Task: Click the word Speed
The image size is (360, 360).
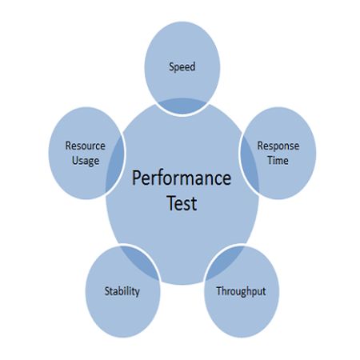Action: coord(182,66)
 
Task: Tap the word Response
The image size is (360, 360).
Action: coord(278,146)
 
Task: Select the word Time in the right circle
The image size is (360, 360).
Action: coord(278,161)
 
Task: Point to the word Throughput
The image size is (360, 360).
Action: coord(241,291)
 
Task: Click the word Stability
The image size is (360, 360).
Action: coord(122,291)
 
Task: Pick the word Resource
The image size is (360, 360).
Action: coord(86,146)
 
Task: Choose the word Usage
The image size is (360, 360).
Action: coord(86,161)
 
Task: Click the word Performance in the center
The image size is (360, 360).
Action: coord(182,178)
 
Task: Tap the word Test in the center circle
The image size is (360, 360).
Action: coord(182,203)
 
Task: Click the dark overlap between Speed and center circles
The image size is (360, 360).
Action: coord(182,106)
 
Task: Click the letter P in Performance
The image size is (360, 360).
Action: coord(137,178)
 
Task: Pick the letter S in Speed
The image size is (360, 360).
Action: coord(172,66)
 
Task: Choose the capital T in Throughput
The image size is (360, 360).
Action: coord(219,290)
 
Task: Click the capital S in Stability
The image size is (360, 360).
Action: coord(107,291)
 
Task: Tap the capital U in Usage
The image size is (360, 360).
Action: coord(75,161)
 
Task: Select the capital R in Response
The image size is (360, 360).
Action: coord(260,146)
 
